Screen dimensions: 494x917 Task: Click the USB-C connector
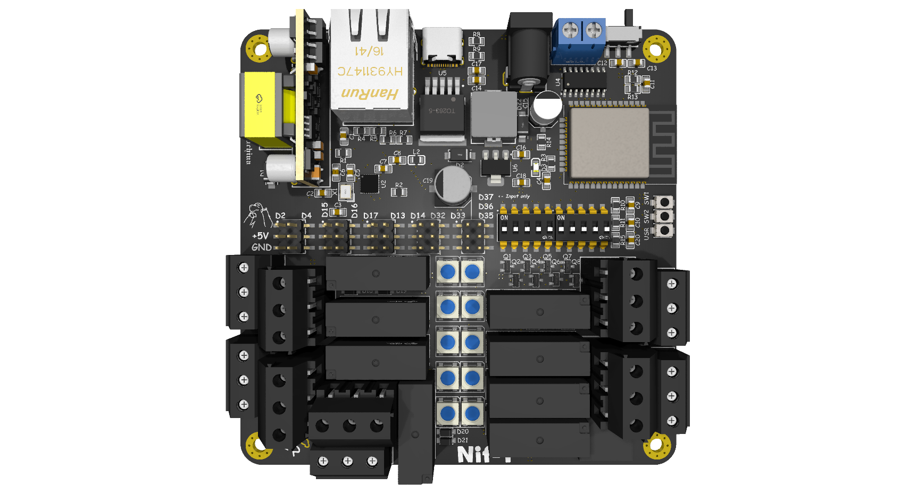point(441,46)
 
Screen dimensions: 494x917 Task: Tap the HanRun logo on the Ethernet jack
point(370,93)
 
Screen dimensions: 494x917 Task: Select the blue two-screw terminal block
point(580,40)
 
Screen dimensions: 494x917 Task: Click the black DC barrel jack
point(528,50)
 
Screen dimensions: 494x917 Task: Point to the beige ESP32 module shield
point(609,142)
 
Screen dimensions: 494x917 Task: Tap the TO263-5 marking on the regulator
point(442,110)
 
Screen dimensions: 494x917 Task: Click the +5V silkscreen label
point(260,236)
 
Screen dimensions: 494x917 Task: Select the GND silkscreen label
point(261,247)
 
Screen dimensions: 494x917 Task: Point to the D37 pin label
point(486,197)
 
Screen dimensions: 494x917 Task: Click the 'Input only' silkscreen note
point(518,197)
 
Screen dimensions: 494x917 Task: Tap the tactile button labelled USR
point(664,231)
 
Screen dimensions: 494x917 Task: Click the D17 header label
point(371,216)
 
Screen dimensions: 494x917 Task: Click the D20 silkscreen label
point(463,432)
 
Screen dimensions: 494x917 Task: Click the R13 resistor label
point(632,97)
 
